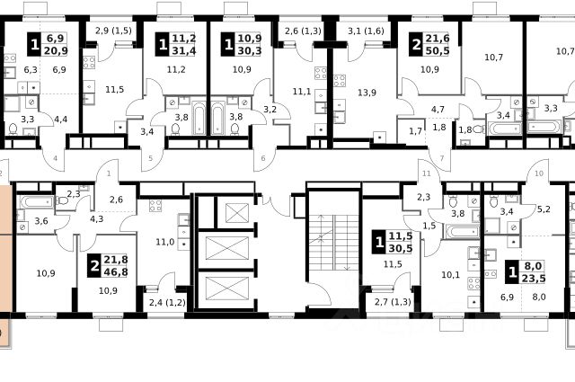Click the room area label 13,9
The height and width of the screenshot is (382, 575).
(x=367, y=93)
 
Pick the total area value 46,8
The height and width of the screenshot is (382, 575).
(x=116, y=272)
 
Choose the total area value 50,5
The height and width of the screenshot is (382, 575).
(x=438, y=50)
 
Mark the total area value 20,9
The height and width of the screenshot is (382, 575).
(x=56, y=50)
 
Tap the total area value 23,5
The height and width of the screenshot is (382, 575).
(x=534, y=278)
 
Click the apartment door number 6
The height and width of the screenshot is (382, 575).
(x=263, y=158)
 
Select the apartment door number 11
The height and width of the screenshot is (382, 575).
(x=426, y=173)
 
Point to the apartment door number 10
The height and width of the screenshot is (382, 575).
(x=539, y=173)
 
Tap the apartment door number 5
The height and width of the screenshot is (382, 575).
(x=150, y=158)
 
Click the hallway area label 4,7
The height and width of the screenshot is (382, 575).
(x=438, y=109)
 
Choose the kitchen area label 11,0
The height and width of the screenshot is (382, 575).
(x=164, y=242)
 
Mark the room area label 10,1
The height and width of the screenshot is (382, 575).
(x=450, y=274)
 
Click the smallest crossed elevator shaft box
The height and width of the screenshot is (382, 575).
(x=237, y=213)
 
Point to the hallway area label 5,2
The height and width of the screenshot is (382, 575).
(x=544, y=209)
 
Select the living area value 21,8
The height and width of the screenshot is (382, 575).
(x=116, y=260)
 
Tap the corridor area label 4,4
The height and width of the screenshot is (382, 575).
(x=60, y=119)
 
